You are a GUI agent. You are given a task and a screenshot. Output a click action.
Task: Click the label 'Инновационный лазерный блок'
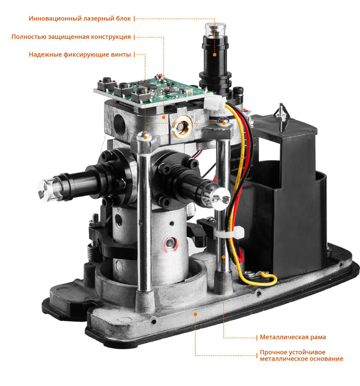[79, 19]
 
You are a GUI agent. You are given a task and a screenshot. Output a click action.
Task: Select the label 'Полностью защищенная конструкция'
[71, 37]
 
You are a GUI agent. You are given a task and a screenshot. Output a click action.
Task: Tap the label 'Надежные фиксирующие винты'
[80, 54]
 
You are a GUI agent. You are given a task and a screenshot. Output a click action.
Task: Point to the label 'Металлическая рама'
[293, 337]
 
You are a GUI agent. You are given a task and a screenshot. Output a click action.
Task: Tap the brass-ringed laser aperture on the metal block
[182, 127]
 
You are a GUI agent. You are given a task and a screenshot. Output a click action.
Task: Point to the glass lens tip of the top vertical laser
[215, 30]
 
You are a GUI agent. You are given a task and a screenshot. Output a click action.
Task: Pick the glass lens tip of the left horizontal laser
[48, 190]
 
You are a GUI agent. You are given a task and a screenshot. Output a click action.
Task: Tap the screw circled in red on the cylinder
[170, 244]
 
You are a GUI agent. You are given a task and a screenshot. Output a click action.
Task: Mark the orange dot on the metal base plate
[195, 314]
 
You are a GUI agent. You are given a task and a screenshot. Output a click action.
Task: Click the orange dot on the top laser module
[215, 54]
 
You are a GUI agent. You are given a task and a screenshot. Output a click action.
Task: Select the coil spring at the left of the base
[93, 253]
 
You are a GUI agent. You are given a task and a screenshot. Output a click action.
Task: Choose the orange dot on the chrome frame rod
[224, 257]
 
